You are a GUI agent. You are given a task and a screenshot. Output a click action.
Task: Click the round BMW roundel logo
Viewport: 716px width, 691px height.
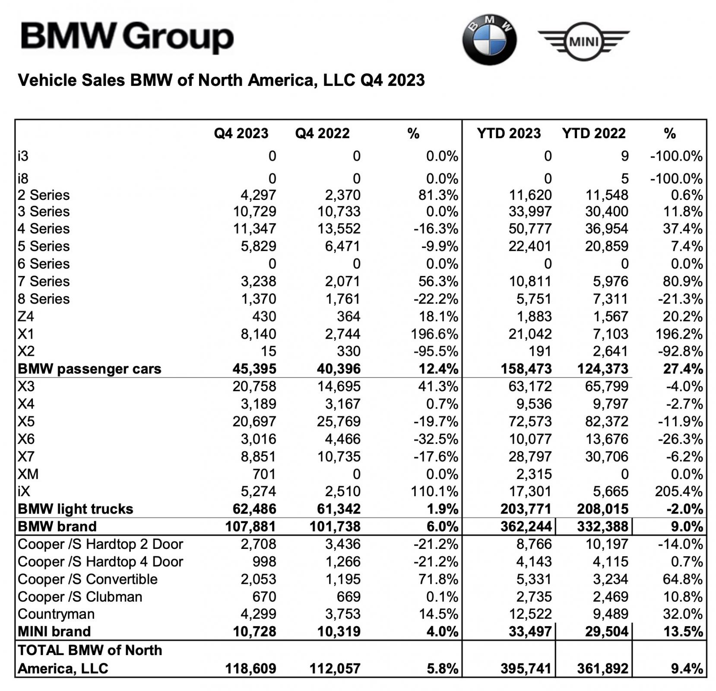[489, 40]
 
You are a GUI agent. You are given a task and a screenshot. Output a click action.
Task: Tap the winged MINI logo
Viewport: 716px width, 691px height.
[583, 41]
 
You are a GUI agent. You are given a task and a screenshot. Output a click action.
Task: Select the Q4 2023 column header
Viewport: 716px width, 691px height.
[241, 133]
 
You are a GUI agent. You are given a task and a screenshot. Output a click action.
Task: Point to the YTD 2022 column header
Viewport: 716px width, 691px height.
[593, 133]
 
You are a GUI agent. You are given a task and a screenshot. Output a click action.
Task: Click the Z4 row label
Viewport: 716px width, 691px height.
[26, 317]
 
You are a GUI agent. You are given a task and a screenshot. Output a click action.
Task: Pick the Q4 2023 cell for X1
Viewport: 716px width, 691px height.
[258, 334]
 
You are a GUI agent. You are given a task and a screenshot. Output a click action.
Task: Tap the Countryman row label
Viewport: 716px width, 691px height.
[56, 614]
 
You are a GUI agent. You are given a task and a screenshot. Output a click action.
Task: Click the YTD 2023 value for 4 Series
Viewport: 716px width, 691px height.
[530, 229]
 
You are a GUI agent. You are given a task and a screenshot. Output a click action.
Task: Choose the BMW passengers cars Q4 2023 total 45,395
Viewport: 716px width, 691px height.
[254, 369]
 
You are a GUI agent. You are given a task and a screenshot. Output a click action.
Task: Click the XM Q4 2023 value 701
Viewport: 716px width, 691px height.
[264, 474]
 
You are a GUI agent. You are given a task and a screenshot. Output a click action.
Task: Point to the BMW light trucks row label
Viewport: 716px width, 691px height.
[76, 509]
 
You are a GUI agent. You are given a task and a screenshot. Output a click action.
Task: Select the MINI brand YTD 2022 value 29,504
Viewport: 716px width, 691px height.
[602, 631]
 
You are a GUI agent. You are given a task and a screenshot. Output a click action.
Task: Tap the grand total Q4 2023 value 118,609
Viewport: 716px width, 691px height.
[250, 669]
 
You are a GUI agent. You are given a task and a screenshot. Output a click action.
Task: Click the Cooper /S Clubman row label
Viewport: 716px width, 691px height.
[80, 597]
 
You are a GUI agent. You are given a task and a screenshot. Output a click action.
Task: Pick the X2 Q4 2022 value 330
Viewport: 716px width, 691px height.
[348, 351]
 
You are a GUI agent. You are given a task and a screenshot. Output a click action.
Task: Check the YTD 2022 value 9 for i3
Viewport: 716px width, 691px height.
[624, 156]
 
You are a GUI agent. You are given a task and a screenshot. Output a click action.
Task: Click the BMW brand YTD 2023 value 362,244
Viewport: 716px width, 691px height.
[526, 527]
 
